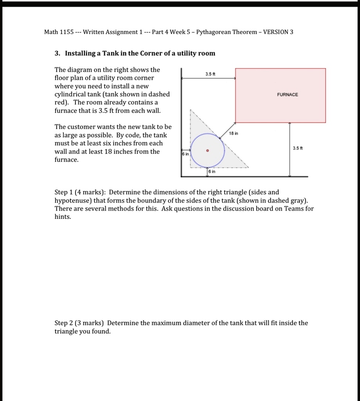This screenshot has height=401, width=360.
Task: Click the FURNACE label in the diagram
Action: point(287,95)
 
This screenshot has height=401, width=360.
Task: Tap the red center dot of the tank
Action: point(208,150)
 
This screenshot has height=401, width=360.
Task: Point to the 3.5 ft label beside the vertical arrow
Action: point(298,148)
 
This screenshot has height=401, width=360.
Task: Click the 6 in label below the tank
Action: point(212,172)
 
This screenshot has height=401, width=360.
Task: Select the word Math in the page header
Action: point(51,32)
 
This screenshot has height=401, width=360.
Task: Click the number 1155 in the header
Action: point(67,32)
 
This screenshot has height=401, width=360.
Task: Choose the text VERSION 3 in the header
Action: point(278,32)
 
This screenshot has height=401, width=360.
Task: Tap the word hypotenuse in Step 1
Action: point(71,200)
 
